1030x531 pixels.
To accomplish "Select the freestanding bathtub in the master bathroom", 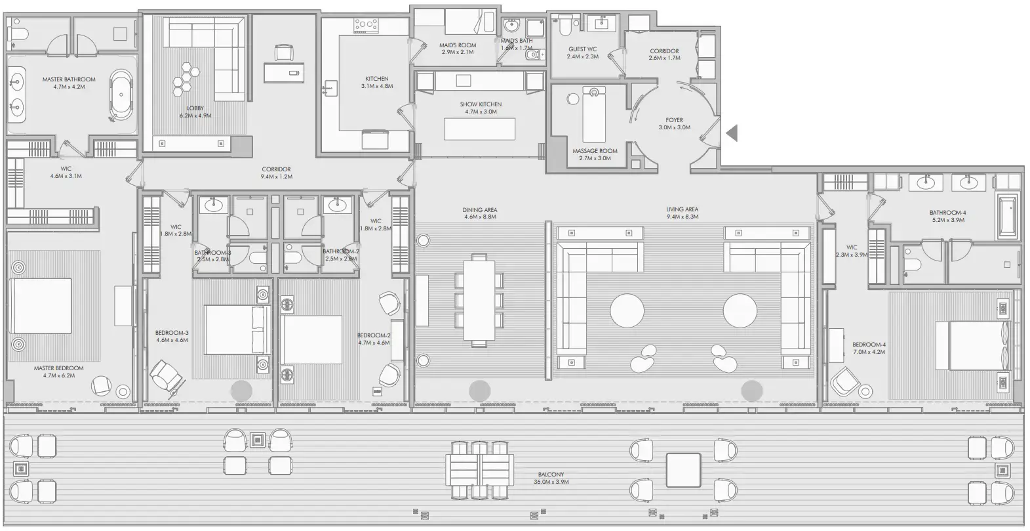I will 120,95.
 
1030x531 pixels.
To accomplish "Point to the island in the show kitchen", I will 479,129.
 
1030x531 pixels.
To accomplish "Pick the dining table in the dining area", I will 480,300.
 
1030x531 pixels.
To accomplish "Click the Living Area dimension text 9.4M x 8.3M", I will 683,217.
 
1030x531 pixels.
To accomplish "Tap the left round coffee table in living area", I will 627,310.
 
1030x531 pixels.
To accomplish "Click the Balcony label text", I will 551,474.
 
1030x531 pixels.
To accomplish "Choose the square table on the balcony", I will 683,469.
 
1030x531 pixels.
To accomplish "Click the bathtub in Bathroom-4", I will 1008,217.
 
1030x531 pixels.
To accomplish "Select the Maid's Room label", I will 458,45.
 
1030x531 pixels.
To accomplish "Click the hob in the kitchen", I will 366,26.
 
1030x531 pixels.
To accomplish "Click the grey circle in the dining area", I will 479,390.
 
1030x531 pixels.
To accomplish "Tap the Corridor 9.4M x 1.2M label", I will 275,173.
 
